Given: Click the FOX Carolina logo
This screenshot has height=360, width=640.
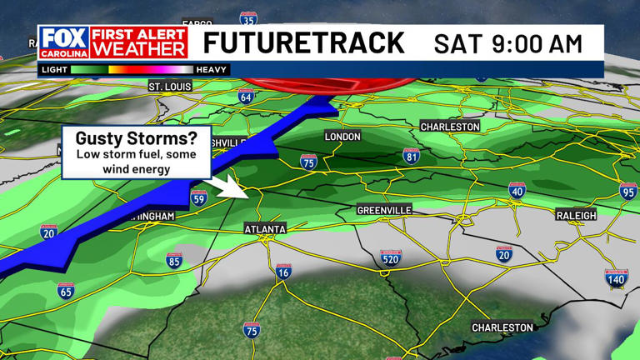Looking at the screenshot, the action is pyautogui.click(x=62, y=42).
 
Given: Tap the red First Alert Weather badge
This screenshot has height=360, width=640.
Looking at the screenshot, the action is pyautogui.click(x=138, y=42).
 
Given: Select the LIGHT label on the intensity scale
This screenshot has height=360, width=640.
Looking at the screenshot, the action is pyautogui.click(x=54, y=70).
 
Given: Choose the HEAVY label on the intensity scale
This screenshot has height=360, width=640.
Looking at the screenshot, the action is pyautogui.click(x=212, y=70).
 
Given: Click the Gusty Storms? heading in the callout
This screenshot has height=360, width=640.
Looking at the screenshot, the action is pyautogui.click(x=136, y=138).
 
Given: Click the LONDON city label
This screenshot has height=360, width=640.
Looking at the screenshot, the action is pyautogui.click(x=342, y=136).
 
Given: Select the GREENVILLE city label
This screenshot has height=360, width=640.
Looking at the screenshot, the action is pyautogui.click(x=384, y=210).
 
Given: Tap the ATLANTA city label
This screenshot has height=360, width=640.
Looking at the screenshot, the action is pyautogui.click(x=265, y=228).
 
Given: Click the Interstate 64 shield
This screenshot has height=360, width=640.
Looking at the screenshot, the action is pyautogui.click(x=245, y=97).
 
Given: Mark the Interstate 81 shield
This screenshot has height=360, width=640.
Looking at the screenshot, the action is pyautogui.click(x=411, y=155).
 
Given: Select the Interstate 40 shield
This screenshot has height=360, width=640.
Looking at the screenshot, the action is pyautogui.click(x=517, y=191).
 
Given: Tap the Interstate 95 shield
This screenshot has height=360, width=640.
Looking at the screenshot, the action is pyautogui.click(x=628, y=192).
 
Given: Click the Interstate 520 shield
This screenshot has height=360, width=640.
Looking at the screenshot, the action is pyautogui.click(x=391, y=258).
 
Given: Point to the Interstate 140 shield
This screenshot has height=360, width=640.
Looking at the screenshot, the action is pyautogui.click(x=616, y=278).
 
